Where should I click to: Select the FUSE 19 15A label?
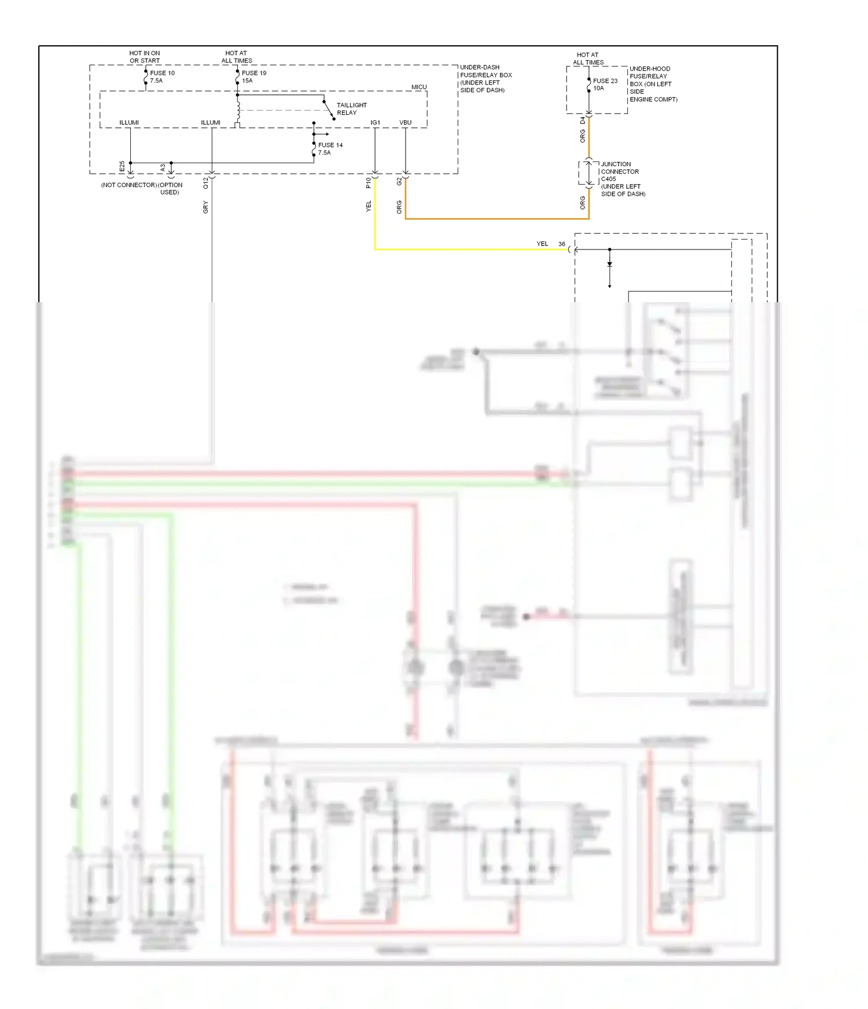254,76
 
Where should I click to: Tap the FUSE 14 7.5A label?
330,149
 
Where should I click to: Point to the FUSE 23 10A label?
605,85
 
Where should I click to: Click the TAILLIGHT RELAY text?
351,109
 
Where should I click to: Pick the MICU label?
419,87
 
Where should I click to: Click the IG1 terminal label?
375,123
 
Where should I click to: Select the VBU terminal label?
405,123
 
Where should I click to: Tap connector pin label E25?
122,166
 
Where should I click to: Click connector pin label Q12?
205,183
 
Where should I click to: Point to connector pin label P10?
369,183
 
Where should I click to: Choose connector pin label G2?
399,181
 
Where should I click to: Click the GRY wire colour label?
205,207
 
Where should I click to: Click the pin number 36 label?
561,244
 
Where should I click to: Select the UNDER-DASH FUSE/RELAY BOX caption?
485,79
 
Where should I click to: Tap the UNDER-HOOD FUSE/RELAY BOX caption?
652,84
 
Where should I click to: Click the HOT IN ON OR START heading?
145,57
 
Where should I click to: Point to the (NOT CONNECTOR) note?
128,185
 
